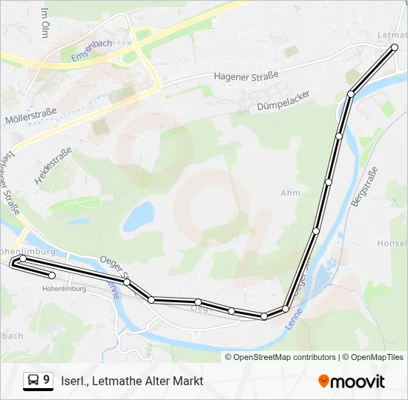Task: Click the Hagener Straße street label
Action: (246, 76)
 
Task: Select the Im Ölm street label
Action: (46, 22)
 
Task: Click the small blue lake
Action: (138, 217)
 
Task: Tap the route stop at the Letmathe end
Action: (394, 47)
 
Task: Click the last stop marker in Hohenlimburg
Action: (52, 276)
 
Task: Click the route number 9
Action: (47, 380)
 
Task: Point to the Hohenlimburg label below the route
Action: (64, 289)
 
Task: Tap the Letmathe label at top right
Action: (392, 35)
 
